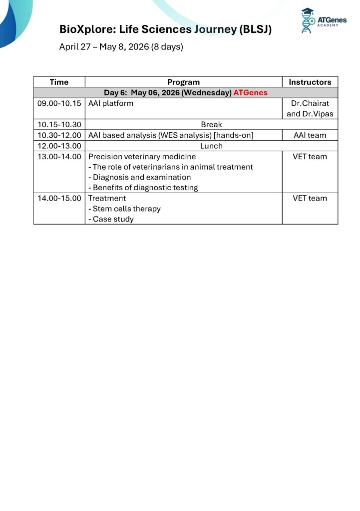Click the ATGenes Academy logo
[x=323, y=21]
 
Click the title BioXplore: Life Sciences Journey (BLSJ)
[x=165, y=29]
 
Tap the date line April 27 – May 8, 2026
[x=121, y=47]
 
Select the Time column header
[x=59, y=82]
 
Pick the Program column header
[x=183, y=82]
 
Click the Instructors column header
[x=310, y=82]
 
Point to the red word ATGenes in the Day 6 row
[x=250, y=92]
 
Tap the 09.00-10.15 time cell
[x=59, y=104]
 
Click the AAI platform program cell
[x=111, y=104]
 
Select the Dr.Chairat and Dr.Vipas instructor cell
[x=310, y=109]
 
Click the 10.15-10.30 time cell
[x=59, y=125]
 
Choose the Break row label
[x=211, y=125]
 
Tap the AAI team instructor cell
[x=310, y=135]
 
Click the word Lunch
[x=211, y=146]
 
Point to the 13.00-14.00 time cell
[x=59, y=157]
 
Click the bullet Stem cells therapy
[x=126, y=209]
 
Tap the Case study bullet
[x=113, y=219]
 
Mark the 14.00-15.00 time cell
[x=59, y=198]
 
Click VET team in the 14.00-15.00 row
[x=310, y=198]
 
